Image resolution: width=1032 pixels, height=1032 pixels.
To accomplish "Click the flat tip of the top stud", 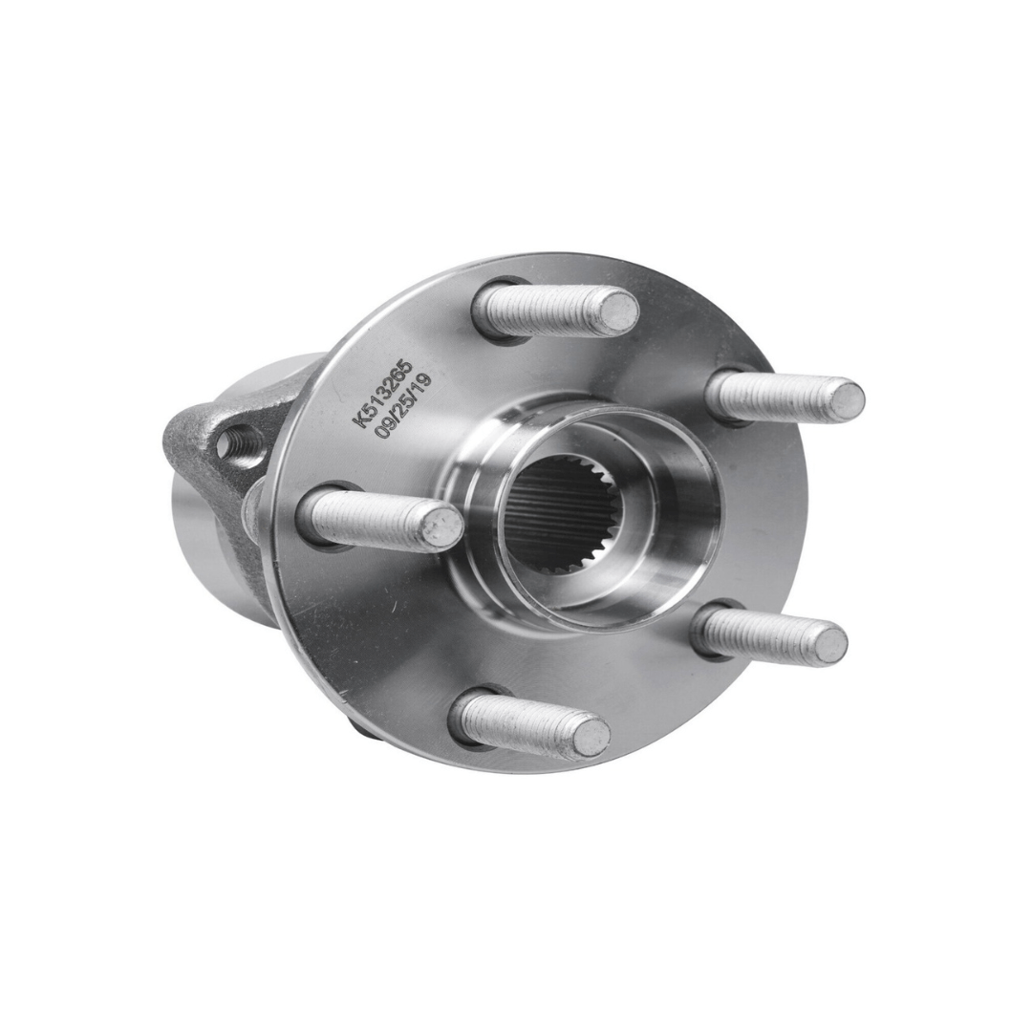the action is [x=619, y=311].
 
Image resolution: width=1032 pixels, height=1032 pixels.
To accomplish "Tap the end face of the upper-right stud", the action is [x=845, y=398].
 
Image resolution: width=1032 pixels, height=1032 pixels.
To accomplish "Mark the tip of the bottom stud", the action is [x=591, y=736].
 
